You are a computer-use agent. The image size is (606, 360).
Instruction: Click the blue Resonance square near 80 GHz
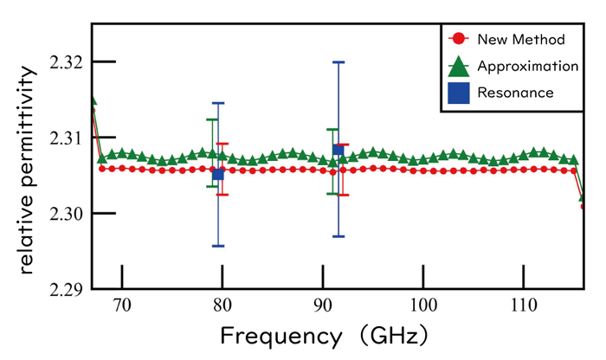point(218,174)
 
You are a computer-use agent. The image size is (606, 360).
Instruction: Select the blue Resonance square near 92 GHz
point(338,151)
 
